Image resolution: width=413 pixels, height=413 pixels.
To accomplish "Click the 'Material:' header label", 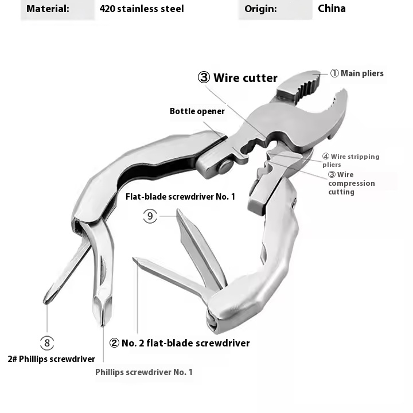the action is [x=48, y=9].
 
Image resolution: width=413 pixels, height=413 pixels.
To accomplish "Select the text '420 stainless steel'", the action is [x=142, y=9].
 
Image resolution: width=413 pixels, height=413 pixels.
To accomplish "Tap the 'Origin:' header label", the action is [x=260, y=9].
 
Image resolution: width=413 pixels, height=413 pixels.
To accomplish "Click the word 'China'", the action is [x=332, y=9].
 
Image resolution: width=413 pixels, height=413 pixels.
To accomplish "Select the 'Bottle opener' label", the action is [x=197, y=111].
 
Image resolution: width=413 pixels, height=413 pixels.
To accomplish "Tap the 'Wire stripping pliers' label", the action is [x=351, y=161].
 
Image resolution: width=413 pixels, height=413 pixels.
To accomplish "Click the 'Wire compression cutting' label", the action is [x=352, y=183].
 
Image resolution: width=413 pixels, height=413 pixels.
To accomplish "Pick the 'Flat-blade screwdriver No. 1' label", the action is [x=180, y=197].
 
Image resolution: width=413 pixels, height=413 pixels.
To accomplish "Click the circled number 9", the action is [x=150, y=216].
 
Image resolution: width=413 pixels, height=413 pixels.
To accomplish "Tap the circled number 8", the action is [x=47, y=343].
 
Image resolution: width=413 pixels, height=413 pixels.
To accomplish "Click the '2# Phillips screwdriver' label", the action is [x=52, y=359].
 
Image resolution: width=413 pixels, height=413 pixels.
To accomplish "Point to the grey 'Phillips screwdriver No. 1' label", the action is [x=144, y=372].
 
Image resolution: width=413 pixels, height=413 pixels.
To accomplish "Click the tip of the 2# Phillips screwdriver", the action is [x=46, y=302].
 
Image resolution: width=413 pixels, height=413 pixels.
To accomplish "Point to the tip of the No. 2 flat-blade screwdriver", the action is [x=134, y=259].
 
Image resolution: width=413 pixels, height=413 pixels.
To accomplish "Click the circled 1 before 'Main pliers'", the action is [x=334, y=73].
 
